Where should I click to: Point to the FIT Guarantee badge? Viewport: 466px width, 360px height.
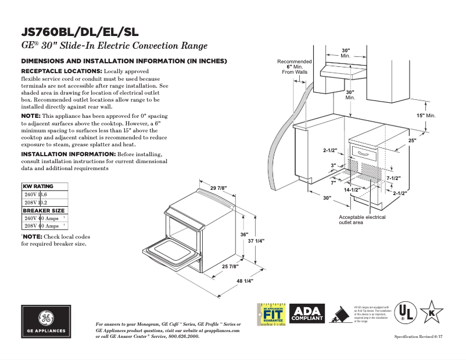271,314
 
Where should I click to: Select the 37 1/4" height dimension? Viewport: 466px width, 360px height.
256,240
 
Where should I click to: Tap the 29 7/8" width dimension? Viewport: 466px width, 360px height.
219,188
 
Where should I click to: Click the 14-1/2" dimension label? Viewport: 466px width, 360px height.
352,190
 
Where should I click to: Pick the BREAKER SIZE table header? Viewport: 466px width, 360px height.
44,210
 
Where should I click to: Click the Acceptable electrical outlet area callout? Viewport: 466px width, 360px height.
362,219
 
